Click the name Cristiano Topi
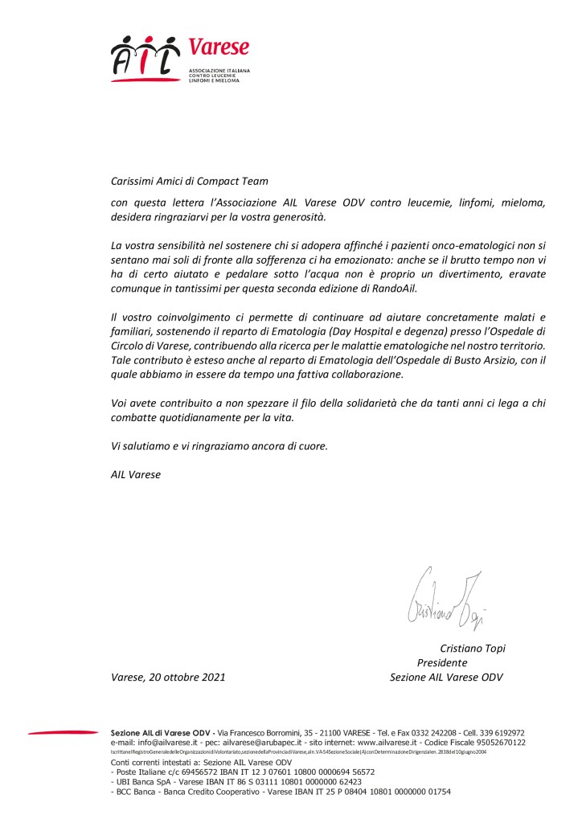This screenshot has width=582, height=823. (x=472, y=649)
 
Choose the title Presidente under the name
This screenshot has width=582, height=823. (x=441, y=663)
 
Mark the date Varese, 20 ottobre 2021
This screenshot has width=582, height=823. (x=167, y=678)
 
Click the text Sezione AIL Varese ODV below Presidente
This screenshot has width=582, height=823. (x=445, y=678)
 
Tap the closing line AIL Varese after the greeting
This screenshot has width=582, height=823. (x=135, y=474)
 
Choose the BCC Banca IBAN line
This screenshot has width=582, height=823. (x=281, y=792)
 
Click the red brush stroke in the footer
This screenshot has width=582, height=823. (x=62, y=731)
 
